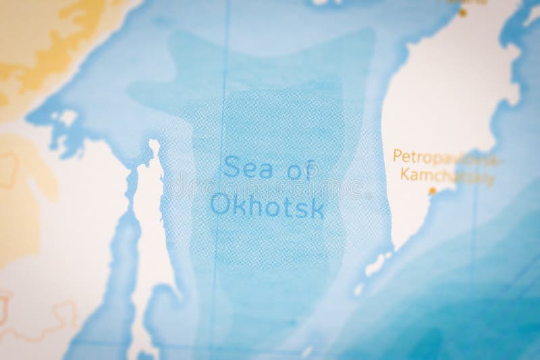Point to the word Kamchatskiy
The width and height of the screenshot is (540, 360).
point(446,178)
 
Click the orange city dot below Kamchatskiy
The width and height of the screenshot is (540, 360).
point(432,191)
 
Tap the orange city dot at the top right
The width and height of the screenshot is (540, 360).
point(462,12)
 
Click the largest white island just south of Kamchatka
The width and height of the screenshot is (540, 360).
point(377,264)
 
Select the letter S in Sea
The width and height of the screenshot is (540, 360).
point(231,165)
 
